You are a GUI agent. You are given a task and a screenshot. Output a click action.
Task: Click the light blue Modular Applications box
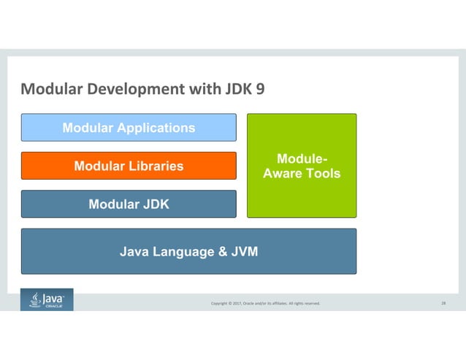coord(129,128)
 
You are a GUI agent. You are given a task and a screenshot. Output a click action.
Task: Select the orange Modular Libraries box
coord(129,166)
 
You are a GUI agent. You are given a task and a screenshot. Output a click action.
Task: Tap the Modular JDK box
coord(129,204)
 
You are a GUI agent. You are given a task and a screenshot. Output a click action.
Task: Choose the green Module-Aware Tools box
coord(301,166)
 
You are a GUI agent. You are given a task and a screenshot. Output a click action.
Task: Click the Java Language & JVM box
coord(188,252)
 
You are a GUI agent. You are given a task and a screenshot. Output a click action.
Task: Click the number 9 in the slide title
coord(260,91)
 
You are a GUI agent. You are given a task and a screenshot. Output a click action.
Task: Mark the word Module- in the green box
coord(302,158)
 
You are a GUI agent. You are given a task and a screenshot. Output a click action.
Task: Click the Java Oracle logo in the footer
coord(47,300)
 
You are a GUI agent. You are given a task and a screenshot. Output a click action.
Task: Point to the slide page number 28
coord(443,302)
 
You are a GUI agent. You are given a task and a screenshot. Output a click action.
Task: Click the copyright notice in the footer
coord(265,303)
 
